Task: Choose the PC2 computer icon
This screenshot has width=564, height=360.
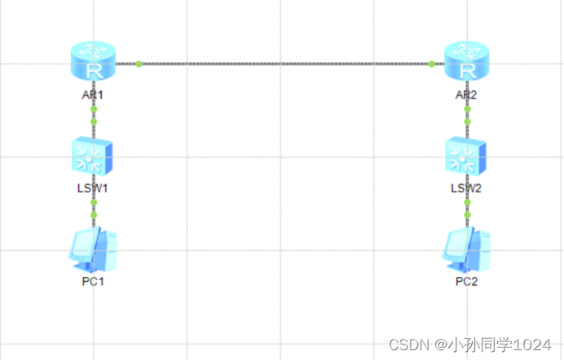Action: [x=467, y=249]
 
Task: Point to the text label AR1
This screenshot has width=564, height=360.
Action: [x=93, y=94]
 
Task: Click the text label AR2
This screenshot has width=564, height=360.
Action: [x=466, y=94]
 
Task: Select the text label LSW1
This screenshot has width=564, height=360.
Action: [x=93, y=188]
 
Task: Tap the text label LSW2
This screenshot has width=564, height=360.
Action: [x=467, y=188]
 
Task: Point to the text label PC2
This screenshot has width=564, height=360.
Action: [x=467, y=282]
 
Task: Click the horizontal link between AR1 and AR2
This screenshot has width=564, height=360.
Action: [x=285, y=63]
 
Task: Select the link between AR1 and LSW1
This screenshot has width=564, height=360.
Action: [x=94, y=115]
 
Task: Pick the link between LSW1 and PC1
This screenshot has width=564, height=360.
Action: [x=94, y=209]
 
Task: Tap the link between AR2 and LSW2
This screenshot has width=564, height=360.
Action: [x=467, y=115]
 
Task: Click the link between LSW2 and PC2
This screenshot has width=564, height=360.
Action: [x=467, y=209]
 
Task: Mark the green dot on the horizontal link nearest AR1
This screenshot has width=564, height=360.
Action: [x=139, y=63]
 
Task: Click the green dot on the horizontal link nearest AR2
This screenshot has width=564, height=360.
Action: [x=431, y=63]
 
